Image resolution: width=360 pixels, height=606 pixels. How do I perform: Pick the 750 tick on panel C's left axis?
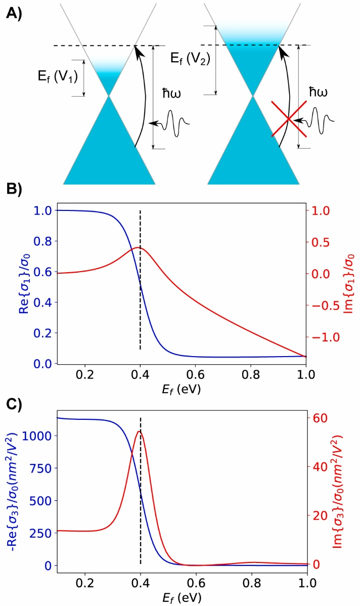40,468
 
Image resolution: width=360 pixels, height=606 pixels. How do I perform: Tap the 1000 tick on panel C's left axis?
38,436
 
